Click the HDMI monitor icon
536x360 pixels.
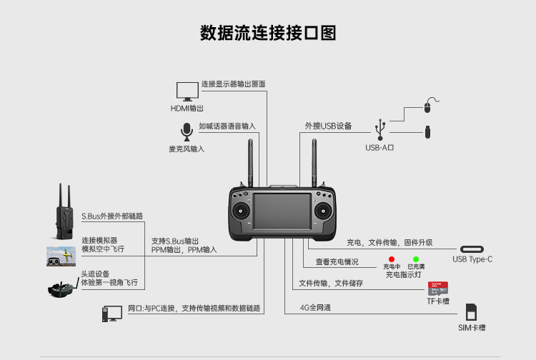click(187, 91)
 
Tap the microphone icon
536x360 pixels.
click(187, 132)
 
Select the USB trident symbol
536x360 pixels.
click(380, 129)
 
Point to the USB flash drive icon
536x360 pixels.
click(427, 132)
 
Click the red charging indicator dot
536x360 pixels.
click(392, 259)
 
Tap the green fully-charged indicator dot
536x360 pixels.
click(416, 259)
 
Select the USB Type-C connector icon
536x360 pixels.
click(472, 249)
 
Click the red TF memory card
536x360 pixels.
click(438, 289)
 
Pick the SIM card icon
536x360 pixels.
click(471, 312)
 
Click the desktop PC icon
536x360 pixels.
click(111, 314)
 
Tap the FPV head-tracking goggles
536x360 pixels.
click(63, 289)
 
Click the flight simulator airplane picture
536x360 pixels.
click(61, 256)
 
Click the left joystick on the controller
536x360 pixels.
click(241, 211)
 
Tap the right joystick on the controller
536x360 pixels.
click(323, 211)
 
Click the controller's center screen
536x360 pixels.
click(282, 211)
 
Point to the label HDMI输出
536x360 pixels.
click(187, 109)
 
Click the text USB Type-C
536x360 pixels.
click(472, 259)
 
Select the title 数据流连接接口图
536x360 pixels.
click(268, 33)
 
